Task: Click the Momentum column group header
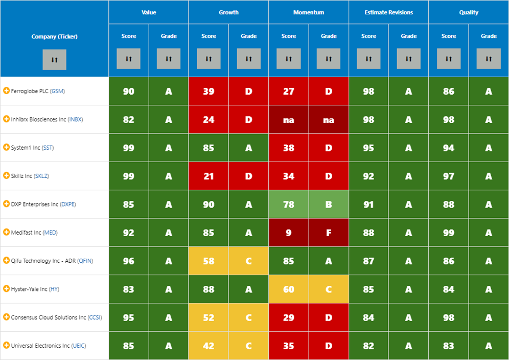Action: click(x=308, y=12)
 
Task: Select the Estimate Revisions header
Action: click(x=388, y=12)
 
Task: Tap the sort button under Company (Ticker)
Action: click(x=54, y=59)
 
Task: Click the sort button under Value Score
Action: click(x=129, y=58)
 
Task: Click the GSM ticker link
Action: click(x=58, y=91)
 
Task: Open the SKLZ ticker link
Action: click(x=41, y=176)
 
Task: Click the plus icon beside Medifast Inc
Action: click(x=6, y=232)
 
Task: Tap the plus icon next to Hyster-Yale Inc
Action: click(x=6, y=288)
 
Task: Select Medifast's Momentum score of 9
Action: click(x=289, y=233)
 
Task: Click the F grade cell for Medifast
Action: click(x=329, y=233)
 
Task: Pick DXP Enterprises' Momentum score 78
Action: click(x=289, y=205)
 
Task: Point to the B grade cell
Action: click(x=329, y=205)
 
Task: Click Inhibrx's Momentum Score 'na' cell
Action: click(x=289, y=120)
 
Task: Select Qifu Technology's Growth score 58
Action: click(x=209, y=261)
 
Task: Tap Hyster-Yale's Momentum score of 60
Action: click(x=289, y=289)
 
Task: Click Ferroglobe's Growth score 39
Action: click(x=209, y=92)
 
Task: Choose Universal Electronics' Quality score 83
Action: click(x=449, y=346)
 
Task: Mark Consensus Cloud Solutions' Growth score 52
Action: click(x=209, y=318)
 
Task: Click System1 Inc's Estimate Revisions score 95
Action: click(x=368, y=148)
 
